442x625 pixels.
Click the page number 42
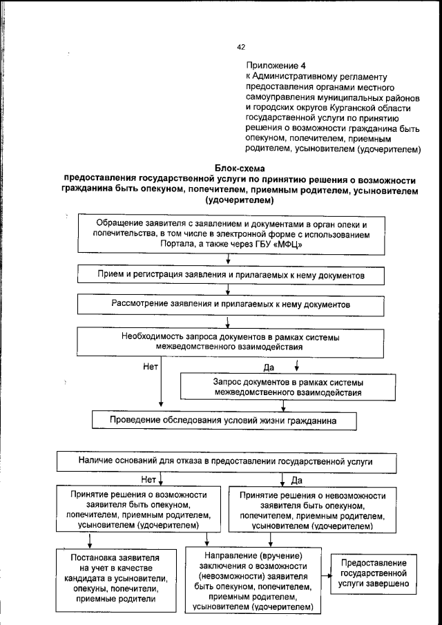(241, 47)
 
